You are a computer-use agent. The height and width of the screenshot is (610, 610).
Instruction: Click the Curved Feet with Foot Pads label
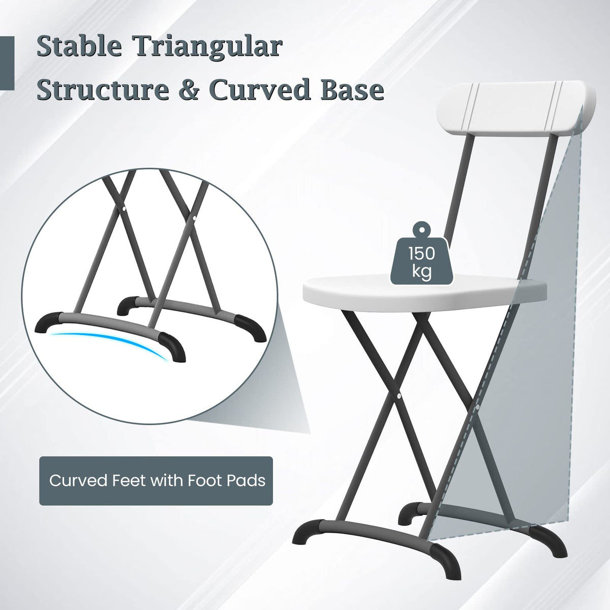pyautogui.click(x=157, y=480)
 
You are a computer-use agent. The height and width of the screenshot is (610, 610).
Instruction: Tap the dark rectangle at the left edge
pyautogui.click(x=7, y=64)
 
